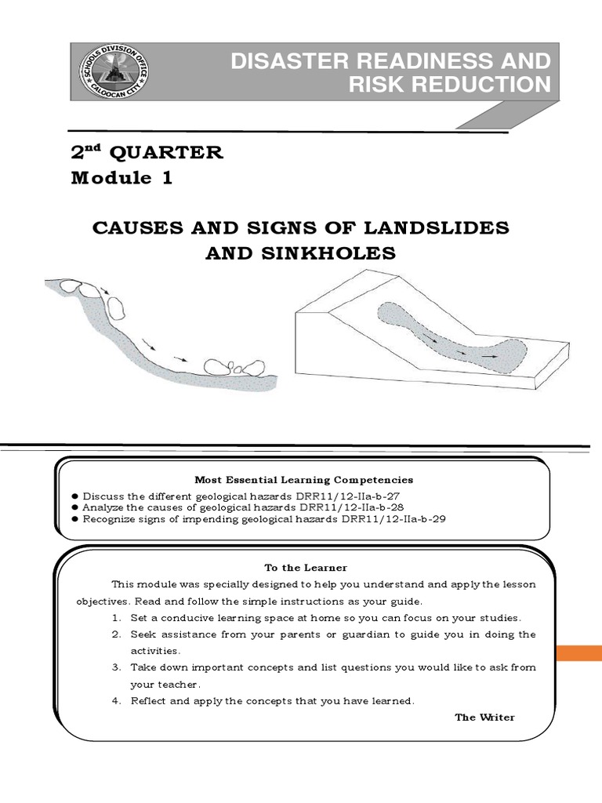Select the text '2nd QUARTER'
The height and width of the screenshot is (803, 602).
147,152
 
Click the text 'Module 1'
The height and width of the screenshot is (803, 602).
121,178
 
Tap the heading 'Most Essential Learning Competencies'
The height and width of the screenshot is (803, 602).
303,479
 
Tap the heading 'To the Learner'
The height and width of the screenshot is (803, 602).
306,567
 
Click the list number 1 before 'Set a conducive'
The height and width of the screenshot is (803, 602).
115,618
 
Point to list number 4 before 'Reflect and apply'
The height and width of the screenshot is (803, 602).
115,700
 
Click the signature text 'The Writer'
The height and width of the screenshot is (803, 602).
484,717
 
